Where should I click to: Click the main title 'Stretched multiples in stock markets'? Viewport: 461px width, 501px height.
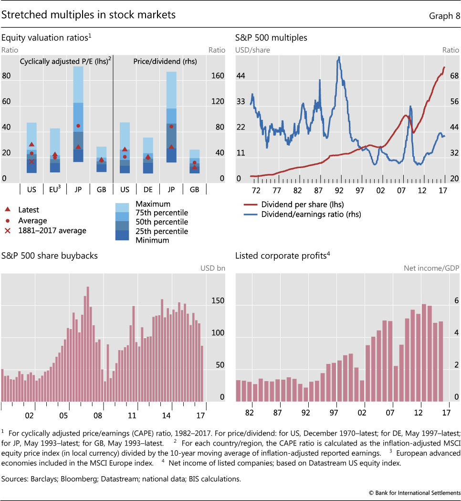[x=89, y=15]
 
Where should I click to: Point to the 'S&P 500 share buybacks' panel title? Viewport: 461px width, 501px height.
[x=50, y=256]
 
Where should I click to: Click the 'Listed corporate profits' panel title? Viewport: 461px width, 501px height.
[x=281, y=256]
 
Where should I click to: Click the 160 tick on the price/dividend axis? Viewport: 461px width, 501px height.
[x=218, y=76]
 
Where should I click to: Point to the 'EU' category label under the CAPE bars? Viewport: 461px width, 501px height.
[x=54, y=190]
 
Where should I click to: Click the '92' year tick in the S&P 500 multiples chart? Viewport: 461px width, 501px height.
[x=339, y=190]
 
